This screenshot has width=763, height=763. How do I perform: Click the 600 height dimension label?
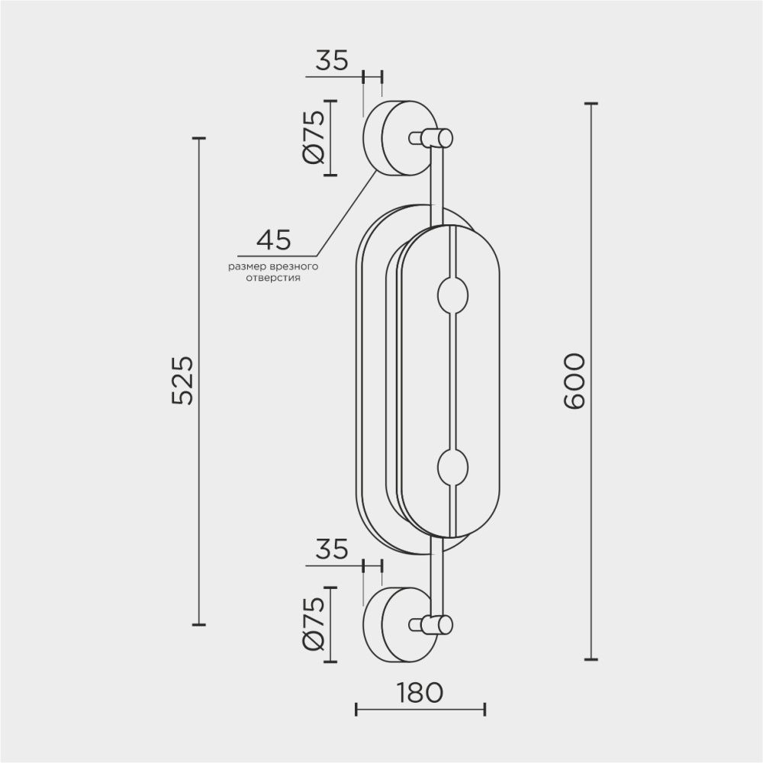[x=573, y=381]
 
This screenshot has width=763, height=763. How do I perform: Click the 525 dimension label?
[x=183, y=381]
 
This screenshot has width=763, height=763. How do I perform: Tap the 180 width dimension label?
[x=420, y=692]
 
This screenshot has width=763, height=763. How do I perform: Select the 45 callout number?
[x=273, y=240]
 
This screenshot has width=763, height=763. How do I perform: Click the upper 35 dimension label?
[x=332, y=60]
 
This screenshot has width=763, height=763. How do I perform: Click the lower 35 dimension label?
[x=332, y=549]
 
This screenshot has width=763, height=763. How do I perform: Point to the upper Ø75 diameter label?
[x=314, y=137]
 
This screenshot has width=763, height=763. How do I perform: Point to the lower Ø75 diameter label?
[x=314, y=624]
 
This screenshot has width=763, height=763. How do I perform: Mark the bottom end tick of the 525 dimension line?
[x=199, y=624]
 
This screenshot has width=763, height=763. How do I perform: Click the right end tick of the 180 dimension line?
[x=485, y=710]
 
